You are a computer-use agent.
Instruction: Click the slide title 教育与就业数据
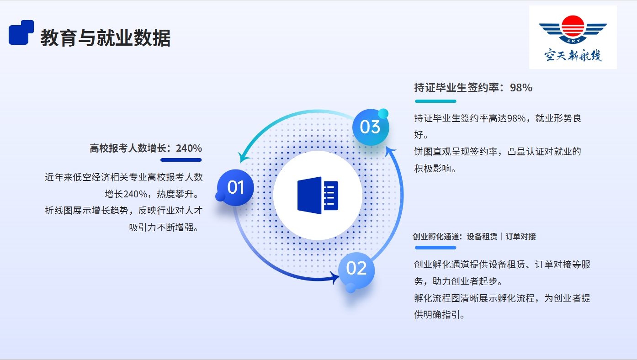pyautogui.click(x=105, y=37)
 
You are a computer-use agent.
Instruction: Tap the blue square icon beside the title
pyautogui.click(x=21, y=32)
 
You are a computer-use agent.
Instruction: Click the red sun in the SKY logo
pyautogui.click(x=573, y=26)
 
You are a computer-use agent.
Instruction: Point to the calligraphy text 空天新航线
pyautogui.click(x=573, y=55)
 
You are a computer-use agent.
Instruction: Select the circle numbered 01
pyautogui.click(x=235, y=188)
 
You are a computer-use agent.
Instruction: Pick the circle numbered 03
pyautogui.click(x=371, y=127)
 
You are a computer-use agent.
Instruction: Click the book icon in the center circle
pyautogui.click(x=318, y=196)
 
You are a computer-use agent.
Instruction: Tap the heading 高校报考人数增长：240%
pyautogui.click(x=146, y=148)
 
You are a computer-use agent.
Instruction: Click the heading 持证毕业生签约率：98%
pyautogui.click(x=473, y=88)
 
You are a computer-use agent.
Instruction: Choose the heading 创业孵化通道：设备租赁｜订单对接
pyautogui.click(x=474, y=236)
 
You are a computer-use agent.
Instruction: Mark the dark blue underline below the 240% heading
pyautogui.click(x=181, y=160)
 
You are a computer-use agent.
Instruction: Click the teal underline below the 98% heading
pyautogui.click(x=435, y=101)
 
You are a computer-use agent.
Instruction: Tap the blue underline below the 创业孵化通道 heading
pyautogui.click(x=435, y=248)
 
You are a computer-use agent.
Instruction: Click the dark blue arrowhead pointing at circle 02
pyautogui.click(x=334, y=277)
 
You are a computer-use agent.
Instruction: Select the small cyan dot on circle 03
pyautogui.click(x=383, y=113)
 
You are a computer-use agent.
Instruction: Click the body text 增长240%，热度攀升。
pyautogui.click(x=152, y=194)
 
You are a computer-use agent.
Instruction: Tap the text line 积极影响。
pyautogui.click(x=435, y=168)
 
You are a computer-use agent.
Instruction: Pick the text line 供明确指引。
pyautogui.click(x=440, y=314)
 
